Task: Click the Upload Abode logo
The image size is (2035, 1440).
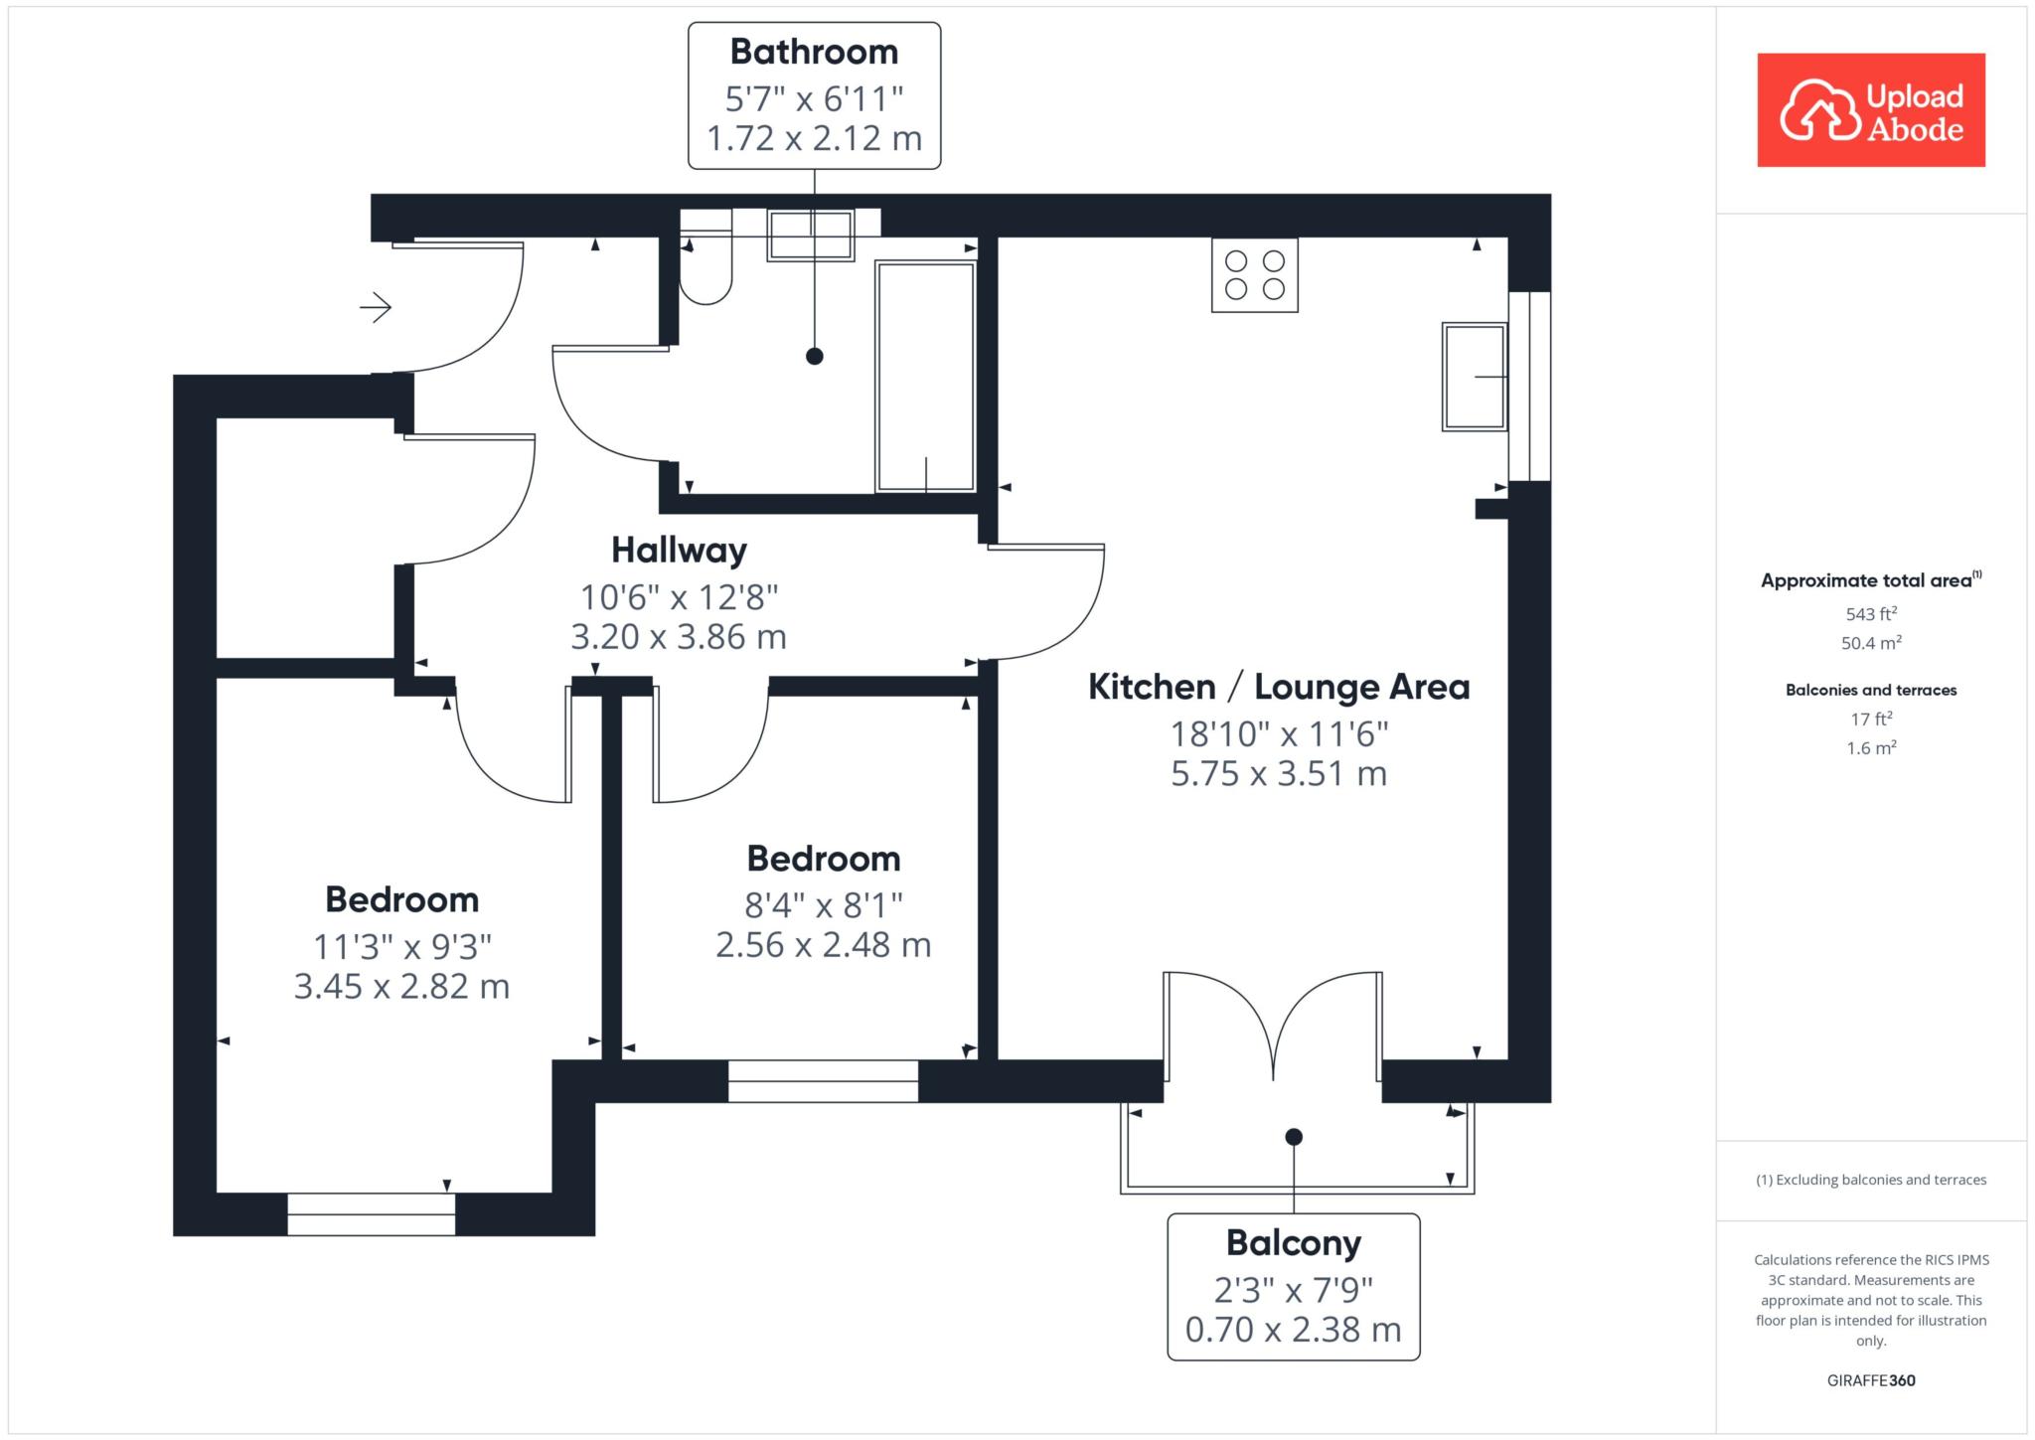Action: point(1871,110)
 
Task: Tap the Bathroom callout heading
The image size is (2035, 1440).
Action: point(814,52)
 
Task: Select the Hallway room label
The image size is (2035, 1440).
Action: point(679,550)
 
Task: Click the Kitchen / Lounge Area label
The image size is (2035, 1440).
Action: point(1279,687)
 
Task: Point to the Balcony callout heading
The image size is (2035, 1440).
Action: point(1294,1243)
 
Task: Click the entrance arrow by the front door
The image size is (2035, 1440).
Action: point(376,308)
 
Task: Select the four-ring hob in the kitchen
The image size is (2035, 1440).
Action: point(1255,275)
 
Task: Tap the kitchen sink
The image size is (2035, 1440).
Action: point(1475,377)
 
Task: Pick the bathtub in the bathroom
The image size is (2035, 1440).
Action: point(925,377)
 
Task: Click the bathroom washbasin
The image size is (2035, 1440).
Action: point(811,236)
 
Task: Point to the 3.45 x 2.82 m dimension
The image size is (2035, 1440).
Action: point(401,987)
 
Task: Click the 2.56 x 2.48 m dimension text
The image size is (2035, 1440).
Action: point(824,945)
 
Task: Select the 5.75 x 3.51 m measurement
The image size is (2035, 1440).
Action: point(1279,774)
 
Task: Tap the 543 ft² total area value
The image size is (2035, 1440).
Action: point(1871,614)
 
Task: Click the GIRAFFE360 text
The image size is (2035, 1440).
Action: point(1871,1380)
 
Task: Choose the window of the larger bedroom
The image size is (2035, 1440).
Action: point(372,1214)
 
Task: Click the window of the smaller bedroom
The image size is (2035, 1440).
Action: point(823,1081)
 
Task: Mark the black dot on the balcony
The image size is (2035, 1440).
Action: point(1294,1137)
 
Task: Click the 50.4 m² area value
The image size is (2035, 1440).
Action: point(1871,643)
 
